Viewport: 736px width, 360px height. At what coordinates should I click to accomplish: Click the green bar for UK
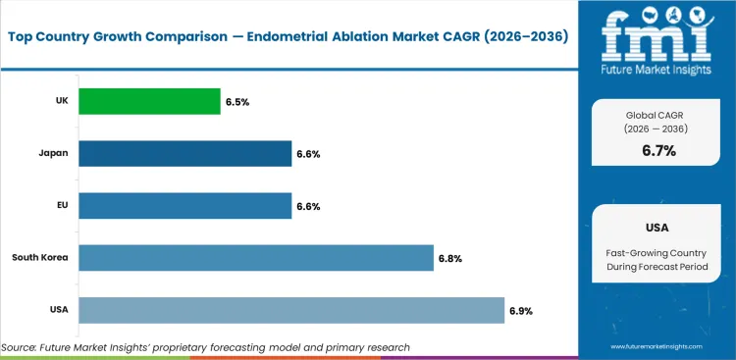pos(149,101)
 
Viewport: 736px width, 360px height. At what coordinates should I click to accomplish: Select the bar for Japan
pos(184,153)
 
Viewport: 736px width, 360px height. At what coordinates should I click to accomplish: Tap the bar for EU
pos(184,205)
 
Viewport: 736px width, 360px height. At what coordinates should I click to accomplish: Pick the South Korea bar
pos(255,258)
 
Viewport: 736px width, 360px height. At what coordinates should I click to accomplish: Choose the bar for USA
pos(290,310)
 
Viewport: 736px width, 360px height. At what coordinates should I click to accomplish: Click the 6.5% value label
pos(237,101)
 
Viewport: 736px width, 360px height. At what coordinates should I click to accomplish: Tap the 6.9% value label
pos(521,310)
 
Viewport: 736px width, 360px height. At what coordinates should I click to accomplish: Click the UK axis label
pos(60,101)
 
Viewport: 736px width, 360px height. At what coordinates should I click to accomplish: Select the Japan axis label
pos(54,153)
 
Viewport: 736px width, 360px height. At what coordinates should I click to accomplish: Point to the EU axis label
pos(61,205)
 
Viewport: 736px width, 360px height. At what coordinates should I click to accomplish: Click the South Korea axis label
pos(38,258)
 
